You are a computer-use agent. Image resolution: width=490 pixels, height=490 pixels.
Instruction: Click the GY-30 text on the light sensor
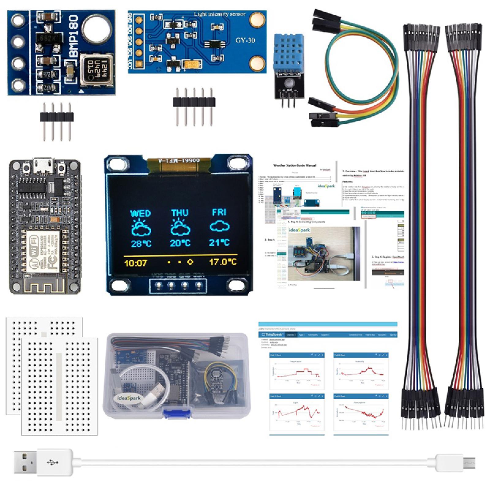coord(245,40)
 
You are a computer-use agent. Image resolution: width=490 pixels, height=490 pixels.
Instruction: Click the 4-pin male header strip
coord(57,116)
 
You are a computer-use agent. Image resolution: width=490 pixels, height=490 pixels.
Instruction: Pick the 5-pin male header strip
coord(194,102)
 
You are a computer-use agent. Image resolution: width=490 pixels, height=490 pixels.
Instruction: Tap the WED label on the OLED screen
coord(140,213)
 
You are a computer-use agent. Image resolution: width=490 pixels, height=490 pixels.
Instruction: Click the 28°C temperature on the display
coord(141,243)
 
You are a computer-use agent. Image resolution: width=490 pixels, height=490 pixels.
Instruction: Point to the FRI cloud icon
coord(220,226)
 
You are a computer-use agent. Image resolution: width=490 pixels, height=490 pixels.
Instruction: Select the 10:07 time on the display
coord(136,263)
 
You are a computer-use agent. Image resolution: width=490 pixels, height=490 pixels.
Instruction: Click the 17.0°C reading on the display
coord(223,262)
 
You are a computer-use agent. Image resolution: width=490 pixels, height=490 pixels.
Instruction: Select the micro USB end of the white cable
coord(467,462)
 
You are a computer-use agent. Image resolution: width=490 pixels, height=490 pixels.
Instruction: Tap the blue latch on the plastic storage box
coord(175,414)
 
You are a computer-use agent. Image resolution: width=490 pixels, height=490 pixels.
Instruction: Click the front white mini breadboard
coord(60,386)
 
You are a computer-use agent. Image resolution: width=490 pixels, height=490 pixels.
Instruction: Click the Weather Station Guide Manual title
coord(294,165)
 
